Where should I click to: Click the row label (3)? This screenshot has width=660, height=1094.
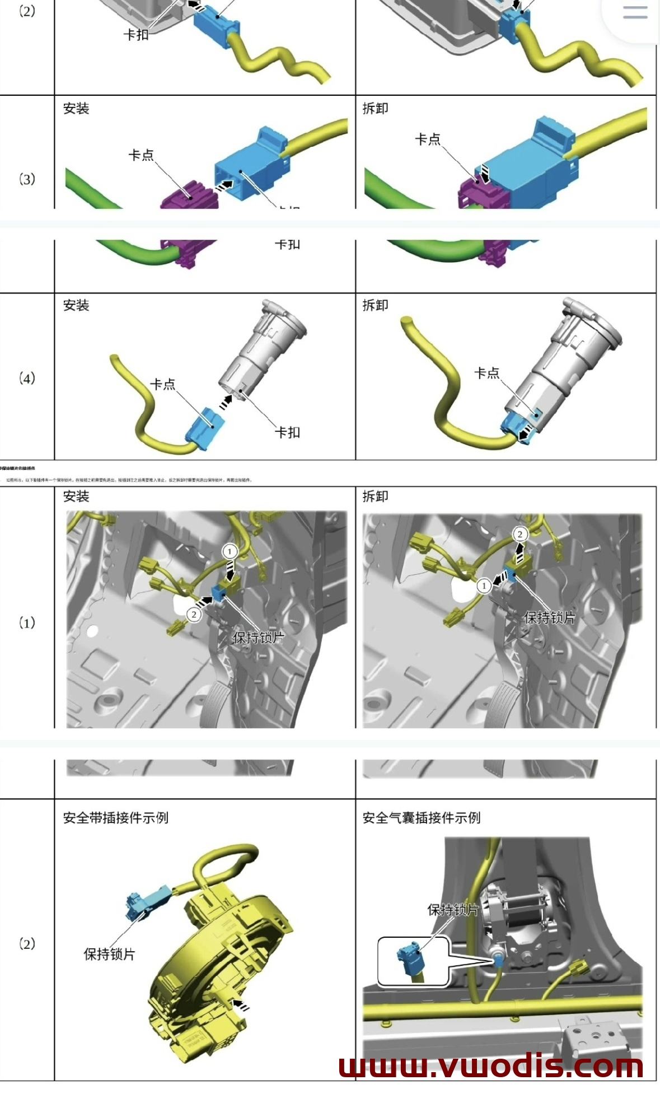tap(27, 179)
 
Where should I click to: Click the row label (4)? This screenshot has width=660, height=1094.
tap(27, 378)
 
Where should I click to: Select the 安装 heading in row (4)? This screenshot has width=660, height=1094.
tap(76, 305)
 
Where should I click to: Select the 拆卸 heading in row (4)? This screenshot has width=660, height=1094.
tap(375, 305)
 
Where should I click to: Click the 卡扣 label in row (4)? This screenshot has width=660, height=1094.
tap(287, 432)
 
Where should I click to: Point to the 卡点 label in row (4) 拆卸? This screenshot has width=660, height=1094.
tap(486, 373)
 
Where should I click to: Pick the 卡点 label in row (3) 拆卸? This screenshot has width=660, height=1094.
tap(427, 139)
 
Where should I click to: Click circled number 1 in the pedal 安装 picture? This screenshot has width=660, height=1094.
tap(229, 551)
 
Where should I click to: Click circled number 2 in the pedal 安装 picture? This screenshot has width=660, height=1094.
tap(194, 614)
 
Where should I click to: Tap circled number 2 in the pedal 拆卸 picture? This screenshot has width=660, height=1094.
tap(520, 534)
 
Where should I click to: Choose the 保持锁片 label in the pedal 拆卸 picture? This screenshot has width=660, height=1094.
tap(549, 617)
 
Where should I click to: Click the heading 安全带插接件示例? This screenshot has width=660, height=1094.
tap(115, 818)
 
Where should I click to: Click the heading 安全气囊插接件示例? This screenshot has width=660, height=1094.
tap(421, 818)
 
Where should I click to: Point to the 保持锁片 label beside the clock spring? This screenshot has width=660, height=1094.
tap(109, 954)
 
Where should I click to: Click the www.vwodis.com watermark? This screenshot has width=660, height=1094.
tap(491, 1065)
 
